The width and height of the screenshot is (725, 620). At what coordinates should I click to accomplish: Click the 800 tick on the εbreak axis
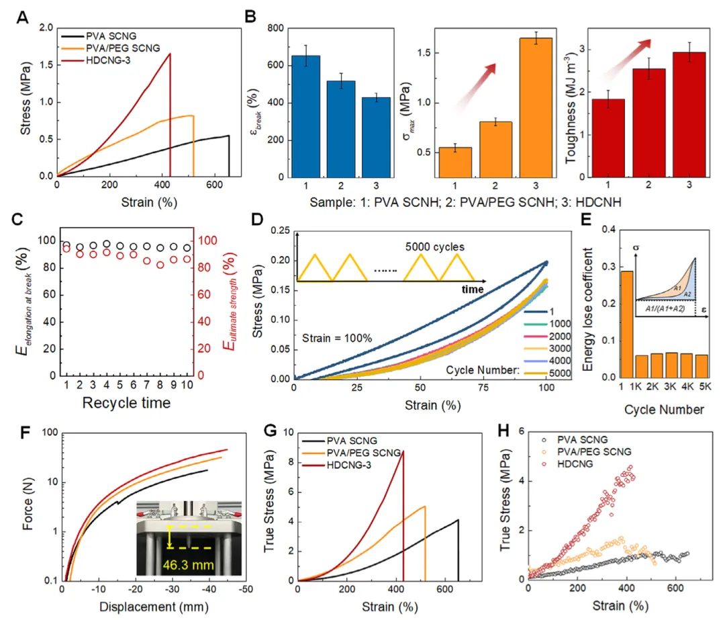[x=271, y=28]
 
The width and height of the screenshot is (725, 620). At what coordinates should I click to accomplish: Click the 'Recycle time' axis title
[x=126, y=402]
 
